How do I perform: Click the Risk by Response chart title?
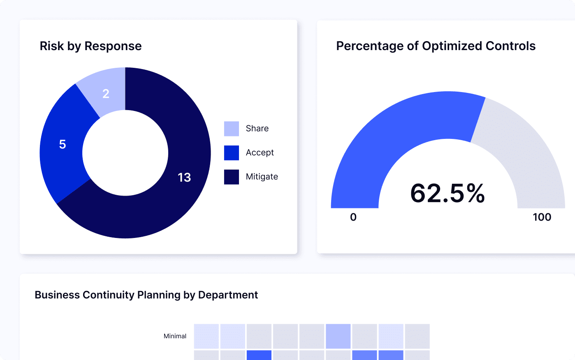[90, 46]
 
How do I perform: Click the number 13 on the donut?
[184, 177]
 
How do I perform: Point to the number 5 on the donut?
[63, 144]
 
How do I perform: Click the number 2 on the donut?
[106, 94]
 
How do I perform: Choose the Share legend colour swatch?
[232, 129]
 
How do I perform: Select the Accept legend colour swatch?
[232, 153]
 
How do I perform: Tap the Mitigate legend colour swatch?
[232, 177]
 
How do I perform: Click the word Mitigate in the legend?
[262, 177]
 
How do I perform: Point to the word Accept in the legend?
[260, 152]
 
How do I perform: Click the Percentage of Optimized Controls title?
[436, 46]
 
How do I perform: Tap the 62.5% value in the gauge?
[447, 193]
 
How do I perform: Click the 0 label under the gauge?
[353, 217]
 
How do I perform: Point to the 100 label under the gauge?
[542, 217]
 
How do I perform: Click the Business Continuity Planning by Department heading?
[146, 295]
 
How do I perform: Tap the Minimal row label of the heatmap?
[175, 336]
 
